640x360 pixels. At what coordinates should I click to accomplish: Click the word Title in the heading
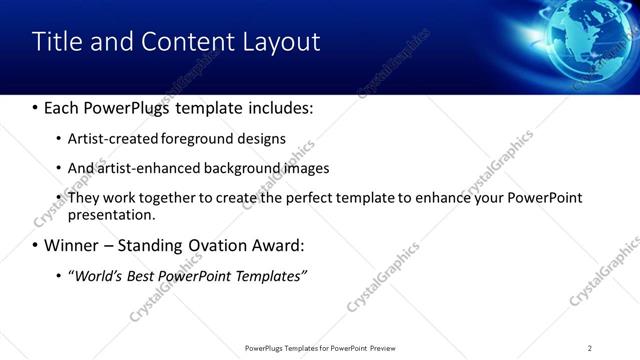[57, 42]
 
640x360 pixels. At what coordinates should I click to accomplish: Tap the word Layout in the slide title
[281, 42]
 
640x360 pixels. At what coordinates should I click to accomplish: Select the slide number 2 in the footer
[590, 348]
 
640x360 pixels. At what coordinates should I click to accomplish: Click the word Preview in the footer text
[389, 348]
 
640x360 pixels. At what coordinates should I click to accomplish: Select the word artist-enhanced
[149, 168]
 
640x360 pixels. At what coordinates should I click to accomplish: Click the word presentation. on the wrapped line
[111, 214]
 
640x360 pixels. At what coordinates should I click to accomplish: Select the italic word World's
[98, 275]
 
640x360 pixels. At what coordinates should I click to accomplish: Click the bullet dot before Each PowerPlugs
[35, 108]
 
